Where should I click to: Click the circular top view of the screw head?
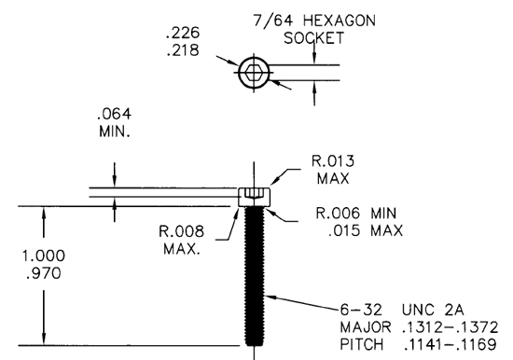pos(253,73)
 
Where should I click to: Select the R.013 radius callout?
pos(333,160)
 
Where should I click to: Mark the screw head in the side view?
pos(253,197)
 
